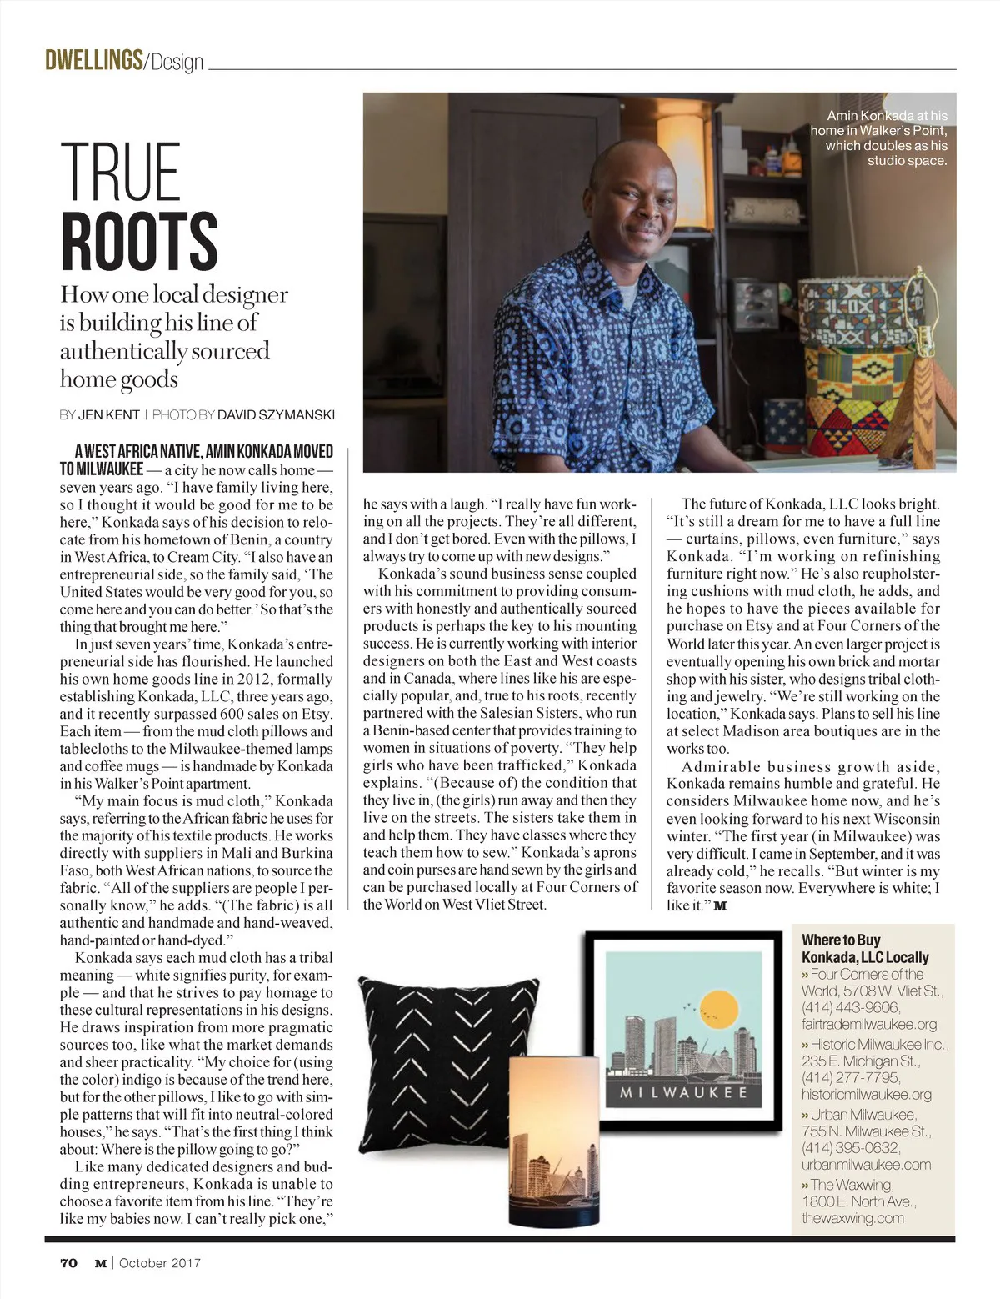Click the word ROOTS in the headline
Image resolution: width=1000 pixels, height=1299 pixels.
139,241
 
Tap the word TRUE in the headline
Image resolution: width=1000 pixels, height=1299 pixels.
121,172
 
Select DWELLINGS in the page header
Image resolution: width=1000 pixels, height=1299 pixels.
93,60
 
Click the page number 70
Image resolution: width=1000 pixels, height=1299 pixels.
68,1262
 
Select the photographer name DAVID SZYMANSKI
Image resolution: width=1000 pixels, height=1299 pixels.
276,414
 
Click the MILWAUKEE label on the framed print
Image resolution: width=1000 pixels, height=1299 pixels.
682,1092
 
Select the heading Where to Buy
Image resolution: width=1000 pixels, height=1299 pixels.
841,940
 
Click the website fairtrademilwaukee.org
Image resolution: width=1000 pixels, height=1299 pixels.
868,1024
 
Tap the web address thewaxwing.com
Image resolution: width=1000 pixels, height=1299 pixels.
852,1218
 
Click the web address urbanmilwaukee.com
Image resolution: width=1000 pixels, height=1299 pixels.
866,1165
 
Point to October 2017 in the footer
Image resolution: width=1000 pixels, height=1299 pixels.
160,1262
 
